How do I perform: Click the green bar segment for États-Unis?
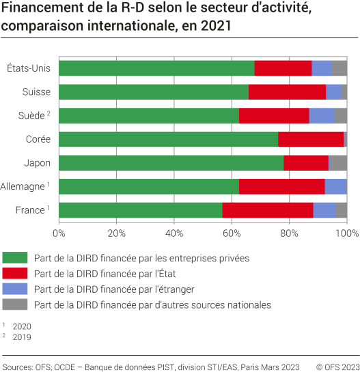(156, 68)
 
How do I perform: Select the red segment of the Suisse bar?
(287, 92)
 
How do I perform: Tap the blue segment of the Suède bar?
(322, 115)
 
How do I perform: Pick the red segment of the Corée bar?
(311, 139)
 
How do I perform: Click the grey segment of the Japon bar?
(338, 162)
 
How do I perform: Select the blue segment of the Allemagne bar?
(335, 186)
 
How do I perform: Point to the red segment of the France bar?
(268, 210)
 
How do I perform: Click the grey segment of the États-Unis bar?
(340, 68)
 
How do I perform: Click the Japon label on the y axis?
(38, 162)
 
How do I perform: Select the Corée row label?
(38, 139)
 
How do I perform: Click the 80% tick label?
(290, 233)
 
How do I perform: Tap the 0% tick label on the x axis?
(59, 233)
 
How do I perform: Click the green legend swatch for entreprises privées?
(14, 258)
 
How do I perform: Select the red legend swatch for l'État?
(14, 274)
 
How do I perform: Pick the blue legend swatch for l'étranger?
(14, 289)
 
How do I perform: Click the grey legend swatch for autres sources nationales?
(14, 304)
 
